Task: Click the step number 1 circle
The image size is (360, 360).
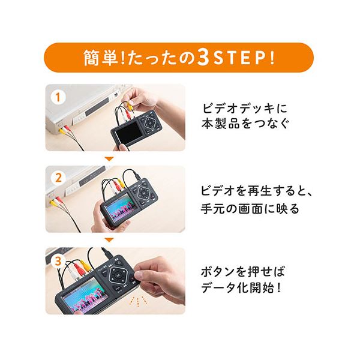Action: tap(58, 96)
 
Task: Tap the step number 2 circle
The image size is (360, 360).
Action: tap(58, 178)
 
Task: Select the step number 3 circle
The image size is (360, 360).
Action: tap(58, 260)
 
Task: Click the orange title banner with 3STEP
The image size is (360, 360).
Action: tap(179, 58)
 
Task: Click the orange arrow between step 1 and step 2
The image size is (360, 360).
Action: tap(108, 159)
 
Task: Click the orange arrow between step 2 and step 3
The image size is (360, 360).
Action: tap(108, 240)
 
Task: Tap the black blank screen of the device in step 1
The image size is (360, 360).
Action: tap(127, 131)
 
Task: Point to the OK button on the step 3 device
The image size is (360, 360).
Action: tap(118, 278)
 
